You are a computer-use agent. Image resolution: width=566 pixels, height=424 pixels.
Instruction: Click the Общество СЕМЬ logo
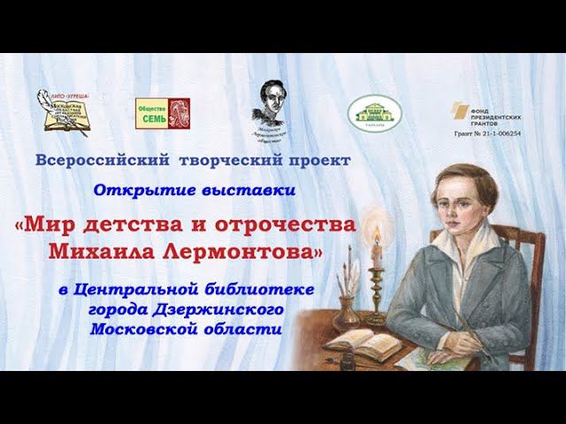coord(162,114)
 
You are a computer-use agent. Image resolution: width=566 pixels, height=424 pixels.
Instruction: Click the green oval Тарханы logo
coord(374,112)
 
